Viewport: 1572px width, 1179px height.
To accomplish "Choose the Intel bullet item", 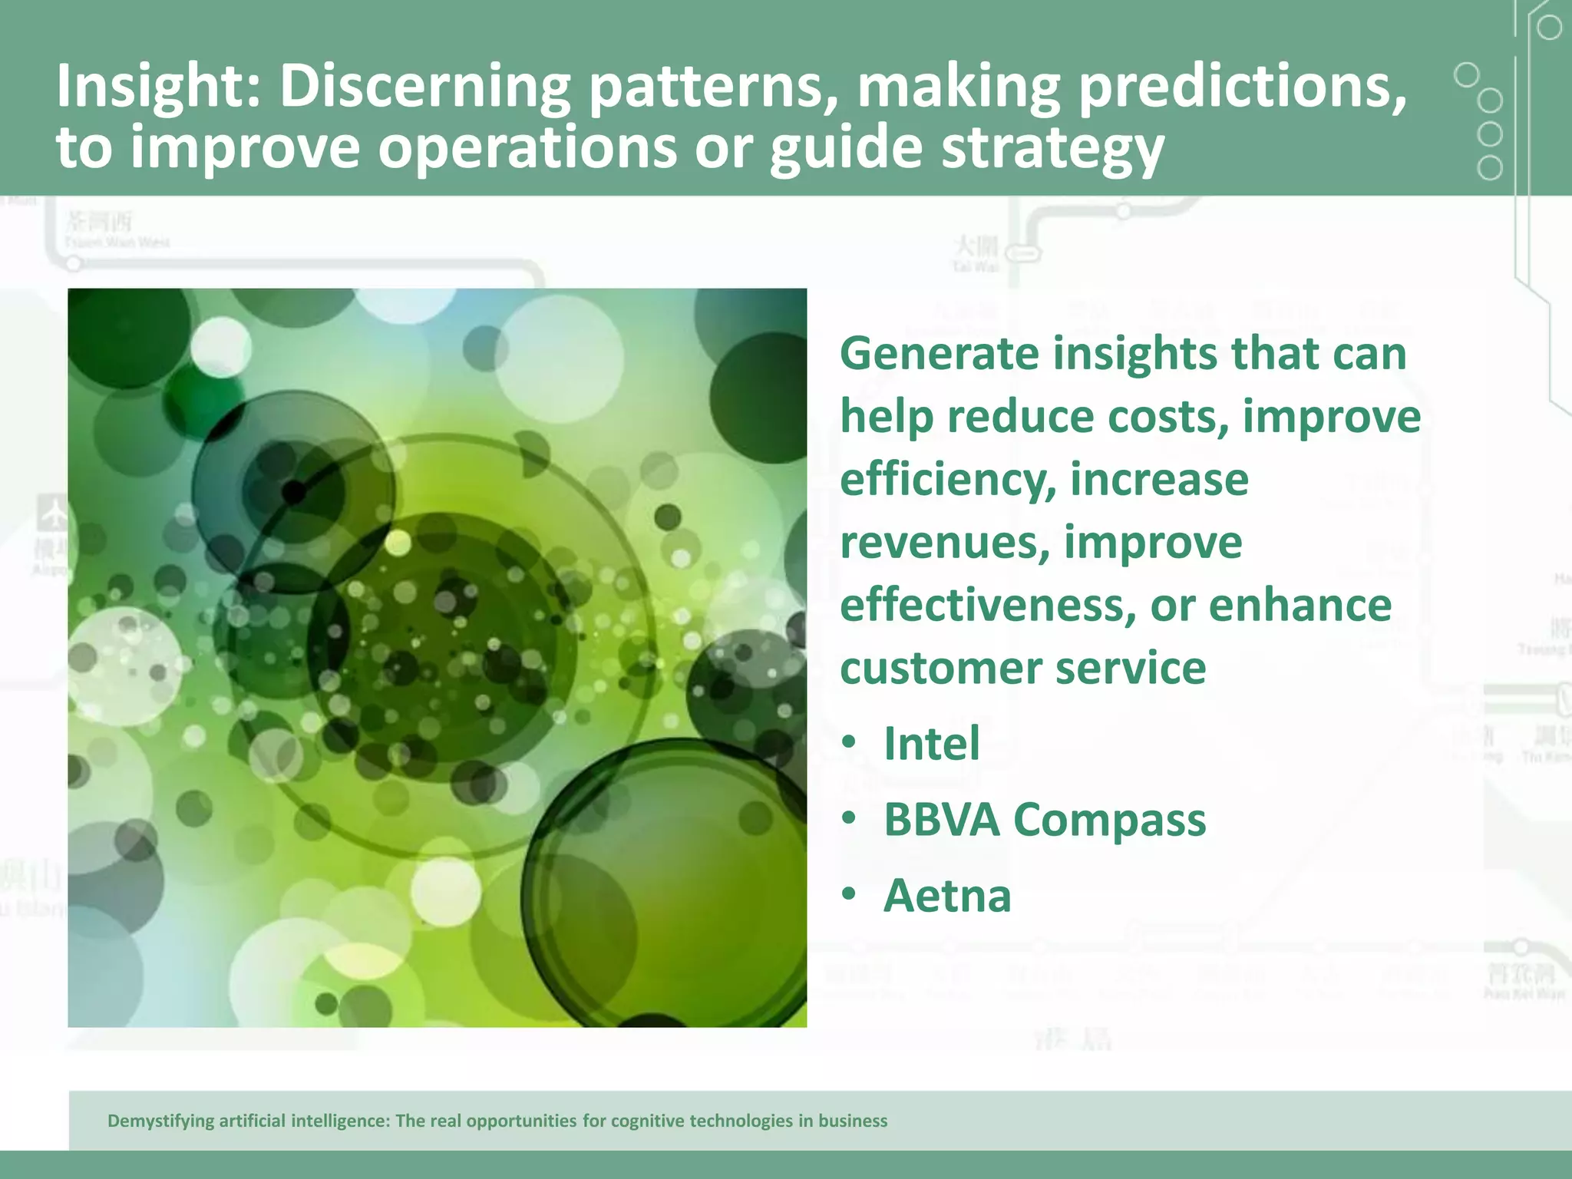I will [931, 744].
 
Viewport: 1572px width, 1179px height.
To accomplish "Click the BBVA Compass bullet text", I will [1044, 820].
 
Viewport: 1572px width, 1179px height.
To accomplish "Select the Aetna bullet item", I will [947, 896].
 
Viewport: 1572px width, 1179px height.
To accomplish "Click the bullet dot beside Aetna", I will [848, 895].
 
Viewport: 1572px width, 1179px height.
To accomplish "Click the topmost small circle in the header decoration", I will [1549, 28].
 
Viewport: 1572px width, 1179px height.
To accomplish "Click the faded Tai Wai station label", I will [976, 253].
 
